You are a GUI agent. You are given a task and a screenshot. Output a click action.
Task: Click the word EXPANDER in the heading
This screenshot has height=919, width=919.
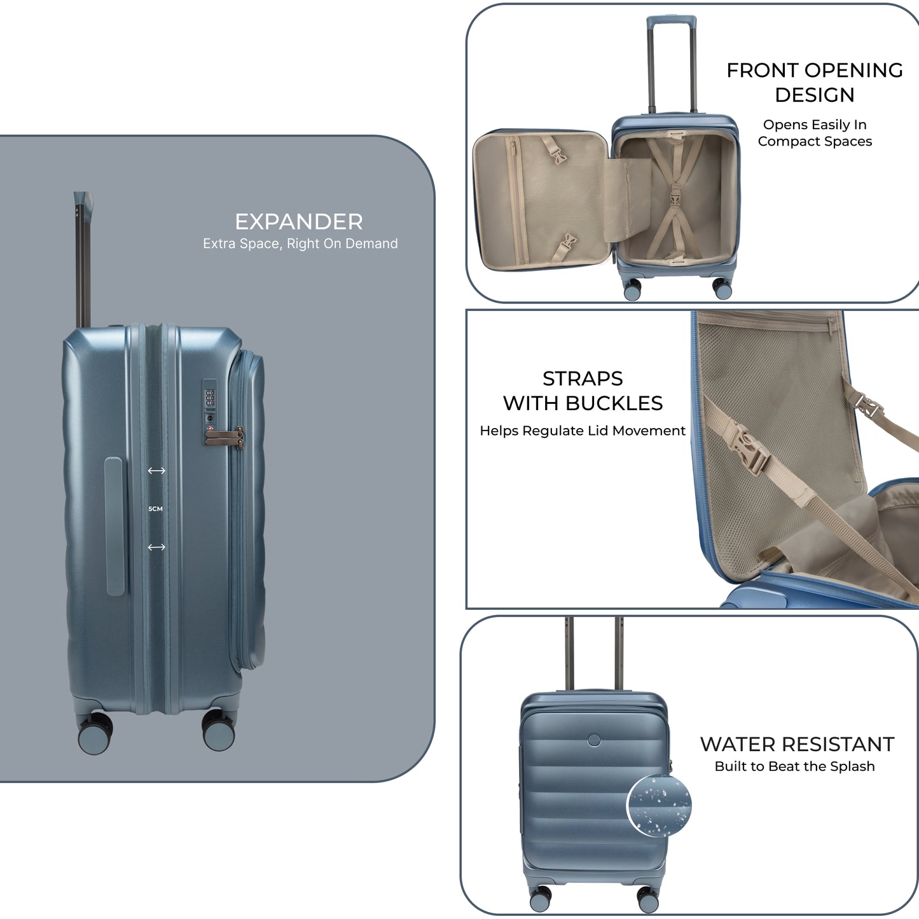(x=298, y=222)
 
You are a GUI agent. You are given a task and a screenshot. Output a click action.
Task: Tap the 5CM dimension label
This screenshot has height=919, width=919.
(x=156, y=509)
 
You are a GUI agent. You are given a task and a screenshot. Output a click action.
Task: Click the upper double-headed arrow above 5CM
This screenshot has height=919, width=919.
(x=156, y=471)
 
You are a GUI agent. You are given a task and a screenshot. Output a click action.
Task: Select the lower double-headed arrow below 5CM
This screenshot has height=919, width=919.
(x=156, y=547)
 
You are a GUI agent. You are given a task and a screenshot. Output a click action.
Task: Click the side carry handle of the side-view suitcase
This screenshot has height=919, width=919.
(x=114, y=526)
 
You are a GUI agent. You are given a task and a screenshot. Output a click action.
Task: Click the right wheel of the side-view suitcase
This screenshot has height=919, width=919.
(x=219, y=731)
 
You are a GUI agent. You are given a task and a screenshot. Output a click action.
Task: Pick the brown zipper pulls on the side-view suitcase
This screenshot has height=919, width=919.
(x=225, y=437)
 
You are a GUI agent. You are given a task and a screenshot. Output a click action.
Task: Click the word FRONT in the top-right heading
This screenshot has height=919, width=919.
(x=758, y=71)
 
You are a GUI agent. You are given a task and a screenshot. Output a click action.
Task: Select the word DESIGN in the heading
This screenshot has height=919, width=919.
(x=814, y=95)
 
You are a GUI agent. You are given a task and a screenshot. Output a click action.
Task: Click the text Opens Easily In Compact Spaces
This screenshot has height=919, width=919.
(x=815, y=133)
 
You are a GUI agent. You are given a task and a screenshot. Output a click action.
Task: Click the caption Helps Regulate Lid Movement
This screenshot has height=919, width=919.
(x=583, y=431)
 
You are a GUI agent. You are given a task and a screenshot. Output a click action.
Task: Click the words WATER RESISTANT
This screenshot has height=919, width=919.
(x=797, y=744)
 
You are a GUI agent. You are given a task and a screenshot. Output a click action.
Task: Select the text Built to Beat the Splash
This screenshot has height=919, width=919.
(x=794, y=766)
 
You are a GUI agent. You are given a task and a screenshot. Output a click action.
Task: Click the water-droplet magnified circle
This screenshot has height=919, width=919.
(x=659, y=806)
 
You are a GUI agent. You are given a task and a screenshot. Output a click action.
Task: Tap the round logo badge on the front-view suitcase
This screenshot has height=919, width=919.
(x=594, y=740)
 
